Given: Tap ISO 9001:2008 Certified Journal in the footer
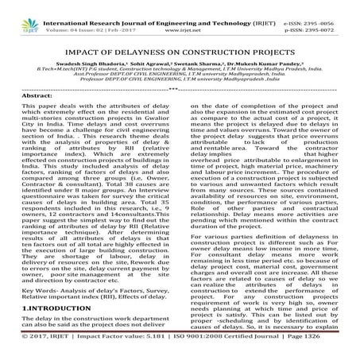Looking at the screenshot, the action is pyautogui.click(x=236, y=349).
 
